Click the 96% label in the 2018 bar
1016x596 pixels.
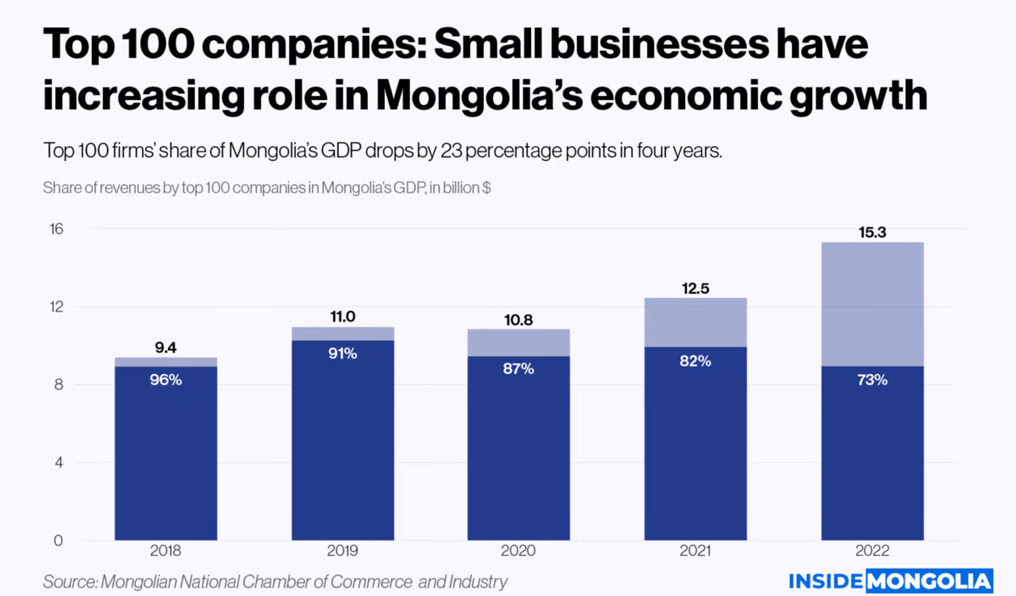165,380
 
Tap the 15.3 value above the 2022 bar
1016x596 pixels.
872,232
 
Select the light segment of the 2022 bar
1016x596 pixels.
872,304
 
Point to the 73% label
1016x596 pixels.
872,380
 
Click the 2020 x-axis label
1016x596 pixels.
518,551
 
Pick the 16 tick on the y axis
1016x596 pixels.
57,229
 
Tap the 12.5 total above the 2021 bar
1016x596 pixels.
695,288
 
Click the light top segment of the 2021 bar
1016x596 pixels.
695,323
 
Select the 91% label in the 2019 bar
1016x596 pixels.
343,353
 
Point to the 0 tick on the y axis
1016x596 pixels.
58,541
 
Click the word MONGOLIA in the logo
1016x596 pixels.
929,581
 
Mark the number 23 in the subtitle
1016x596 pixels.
451,151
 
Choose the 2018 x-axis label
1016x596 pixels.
165,551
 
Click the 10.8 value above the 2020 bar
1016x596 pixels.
518,320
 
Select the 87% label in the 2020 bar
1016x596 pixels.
518,369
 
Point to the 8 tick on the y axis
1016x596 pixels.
58,385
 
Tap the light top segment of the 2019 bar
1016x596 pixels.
343,334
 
